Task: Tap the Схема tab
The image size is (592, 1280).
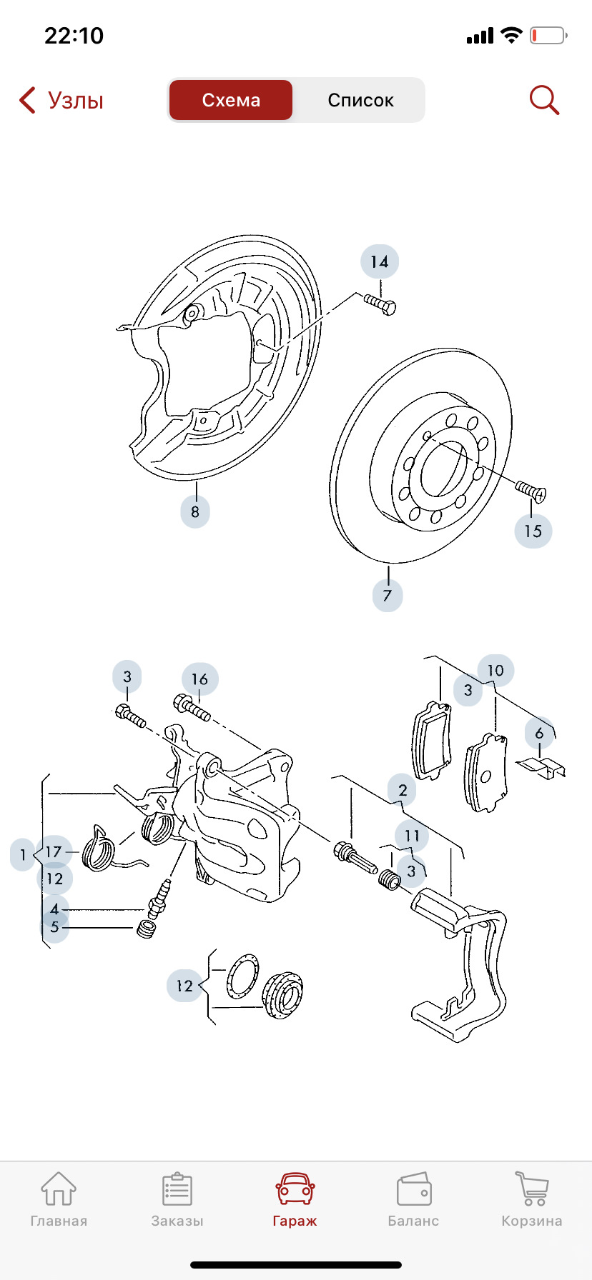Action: [230, 100]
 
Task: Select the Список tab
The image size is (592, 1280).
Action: [360, 100]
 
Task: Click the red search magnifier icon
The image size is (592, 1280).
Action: [544, 100]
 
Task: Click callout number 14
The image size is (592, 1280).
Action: [380, 262]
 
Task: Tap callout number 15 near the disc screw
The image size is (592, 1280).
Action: [533, 531]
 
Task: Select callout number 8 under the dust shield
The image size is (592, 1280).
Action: [195, 511]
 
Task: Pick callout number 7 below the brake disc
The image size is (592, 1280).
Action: [388, 595]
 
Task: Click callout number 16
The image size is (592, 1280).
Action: [199, 679]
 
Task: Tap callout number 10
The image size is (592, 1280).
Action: [495, 671]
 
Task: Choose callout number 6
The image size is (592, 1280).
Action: [540, 734]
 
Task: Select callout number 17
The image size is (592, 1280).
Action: [54, 852]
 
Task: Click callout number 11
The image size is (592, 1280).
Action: [412, 836]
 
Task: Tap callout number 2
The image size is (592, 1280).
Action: [403, 790]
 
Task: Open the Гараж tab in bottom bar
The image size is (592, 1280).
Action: [295, 1201]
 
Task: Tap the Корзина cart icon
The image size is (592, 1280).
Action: [532, 1189]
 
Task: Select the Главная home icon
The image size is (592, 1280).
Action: [59, 1189]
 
